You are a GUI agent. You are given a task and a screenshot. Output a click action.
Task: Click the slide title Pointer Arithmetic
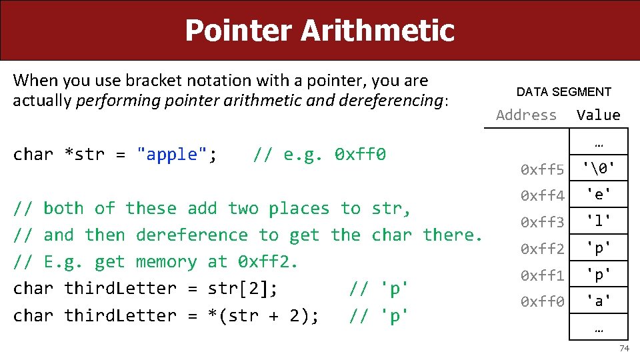[319, 30]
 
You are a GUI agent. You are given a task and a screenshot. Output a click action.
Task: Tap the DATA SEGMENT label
[563, 92]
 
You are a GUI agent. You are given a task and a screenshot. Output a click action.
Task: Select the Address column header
[526, 115]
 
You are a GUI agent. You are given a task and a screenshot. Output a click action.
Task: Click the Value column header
[598, 115]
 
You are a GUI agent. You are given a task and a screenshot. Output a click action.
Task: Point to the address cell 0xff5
[542, 170]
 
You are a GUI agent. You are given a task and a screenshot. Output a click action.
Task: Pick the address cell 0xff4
[542, 196]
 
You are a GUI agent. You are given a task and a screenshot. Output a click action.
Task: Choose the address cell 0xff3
[542, 222]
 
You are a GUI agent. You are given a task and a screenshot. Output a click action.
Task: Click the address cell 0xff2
[542, 249]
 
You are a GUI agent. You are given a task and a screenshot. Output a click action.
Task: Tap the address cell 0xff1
[542, 275]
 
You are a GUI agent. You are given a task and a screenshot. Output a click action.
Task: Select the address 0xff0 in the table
[542, 301]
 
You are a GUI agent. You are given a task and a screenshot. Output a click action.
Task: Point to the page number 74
[624, 349]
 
